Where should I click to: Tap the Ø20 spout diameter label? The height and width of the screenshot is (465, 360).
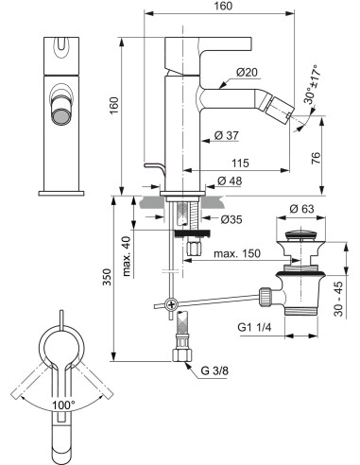[x=248, y=73]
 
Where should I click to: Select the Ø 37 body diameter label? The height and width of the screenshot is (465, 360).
[x=225, y=135]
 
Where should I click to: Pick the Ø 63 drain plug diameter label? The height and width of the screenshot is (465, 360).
[x=301, y=208]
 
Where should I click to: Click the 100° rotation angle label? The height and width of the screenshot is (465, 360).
[x=63, y=405]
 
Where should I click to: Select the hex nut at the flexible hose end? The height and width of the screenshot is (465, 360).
[x=180, y=358]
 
